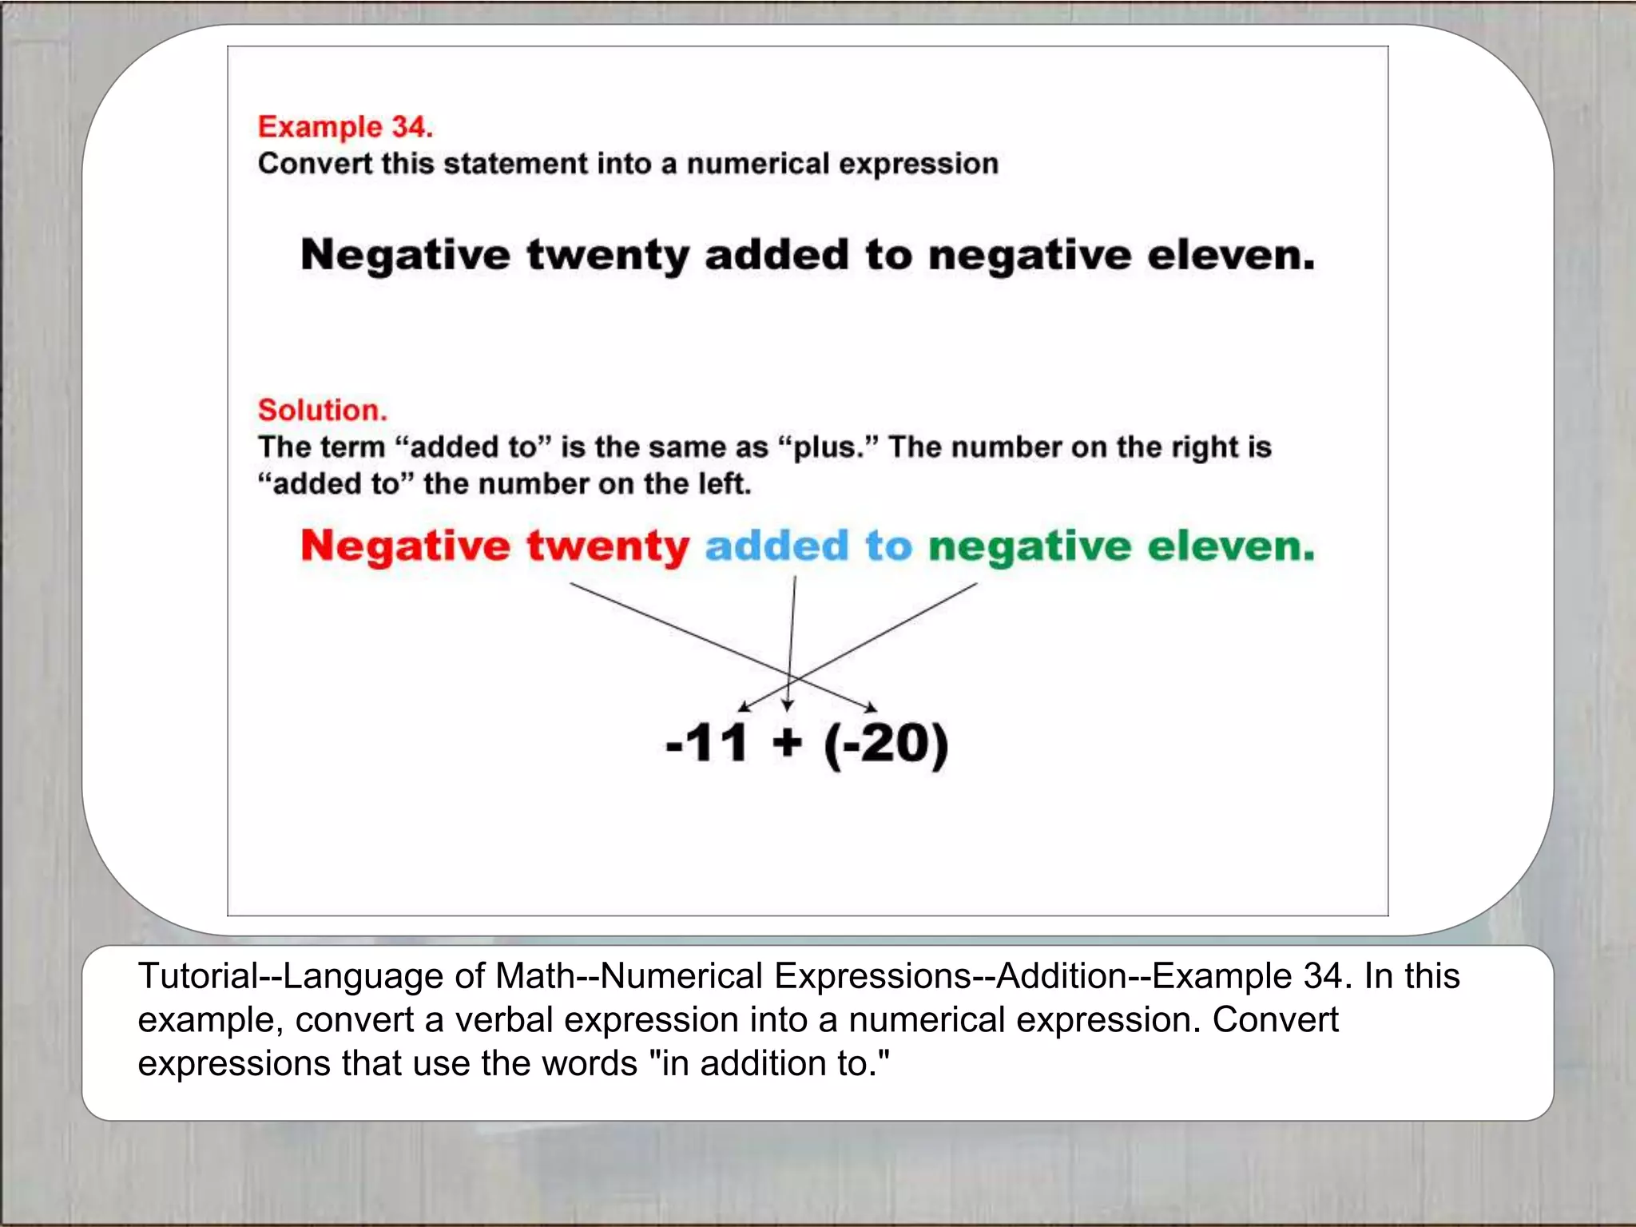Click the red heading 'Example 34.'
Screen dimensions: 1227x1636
tap(345, 127)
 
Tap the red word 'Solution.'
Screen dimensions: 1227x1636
tap(322, 410)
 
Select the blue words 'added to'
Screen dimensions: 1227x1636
tap(808, 546)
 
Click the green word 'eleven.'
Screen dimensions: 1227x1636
tap(1231, 546)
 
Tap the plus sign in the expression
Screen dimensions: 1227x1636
tap(787, 743)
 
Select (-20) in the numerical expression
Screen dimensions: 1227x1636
tap(886, 745)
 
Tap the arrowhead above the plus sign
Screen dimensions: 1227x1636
tap(788, 705)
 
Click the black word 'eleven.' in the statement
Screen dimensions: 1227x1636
tap(1231, 256)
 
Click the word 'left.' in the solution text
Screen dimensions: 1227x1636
tap(725, 484)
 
